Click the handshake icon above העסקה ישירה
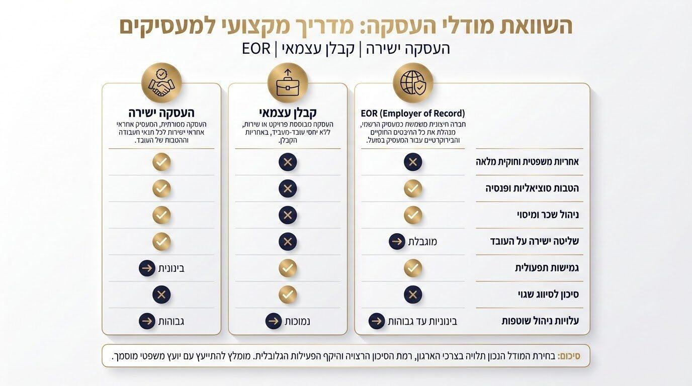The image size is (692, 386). (x=161, y=82)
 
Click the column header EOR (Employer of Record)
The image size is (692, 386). (x=413, y=113)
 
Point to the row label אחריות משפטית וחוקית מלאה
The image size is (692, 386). (x=527, y=162)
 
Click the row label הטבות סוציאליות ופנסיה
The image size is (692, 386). (x=532, y=188)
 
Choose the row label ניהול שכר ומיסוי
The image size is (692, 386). (x=548, y=215)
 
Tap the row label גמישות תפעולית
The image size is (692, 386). (x=547, y=268)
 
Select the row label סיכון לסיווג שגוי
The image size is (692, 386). (x=548, y=295)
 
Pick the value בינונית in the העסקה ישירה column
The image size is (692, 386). (x=171, y=268)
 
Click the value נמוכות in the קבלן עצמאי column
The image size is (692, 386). (x=297, y=321)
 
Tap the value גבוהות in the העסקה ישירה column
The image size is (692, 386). (x=171, y=321)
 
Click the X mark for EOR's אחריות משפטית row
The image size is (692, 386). (x=413, y=162)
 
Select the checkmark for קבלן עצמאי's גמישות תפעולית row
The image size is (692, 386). (x=288, y=268)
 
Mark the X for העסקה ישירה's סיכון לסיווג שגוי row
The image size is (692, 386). (x=161, y=295)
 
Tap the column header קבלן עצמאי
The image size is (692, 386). (x=288, y=112)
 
